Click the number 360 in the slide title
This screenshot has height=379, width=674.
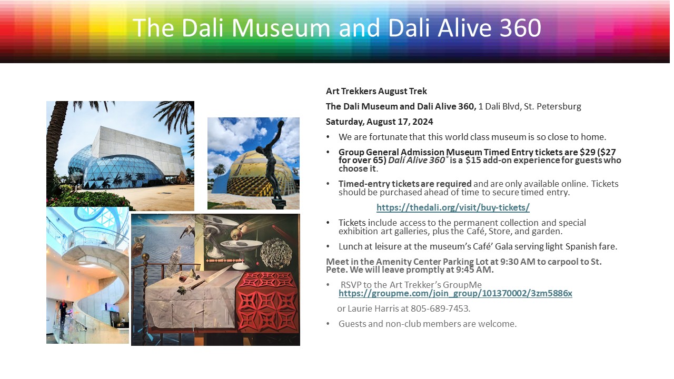(x=520, y=28)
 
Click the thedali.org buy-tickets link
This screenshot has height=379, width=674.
(x=453, y=207)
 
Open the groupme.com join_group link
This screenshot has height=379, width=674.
(x=455, y=293)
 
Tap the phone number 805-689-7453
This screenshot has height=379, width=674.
(x=440, y=308)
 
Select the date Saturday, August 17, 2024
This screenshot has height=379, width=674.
(x=380, y=122)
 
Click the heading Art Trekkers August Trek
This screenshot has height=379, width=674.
(x=376, y=91)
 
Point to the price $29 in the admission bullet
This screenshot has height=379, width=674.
(x=588, y=152)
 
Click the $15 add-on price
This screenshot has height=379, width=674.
(x=473, y=160)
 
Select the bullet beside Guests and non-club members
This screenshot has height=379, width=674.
(x=328, y=324)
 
